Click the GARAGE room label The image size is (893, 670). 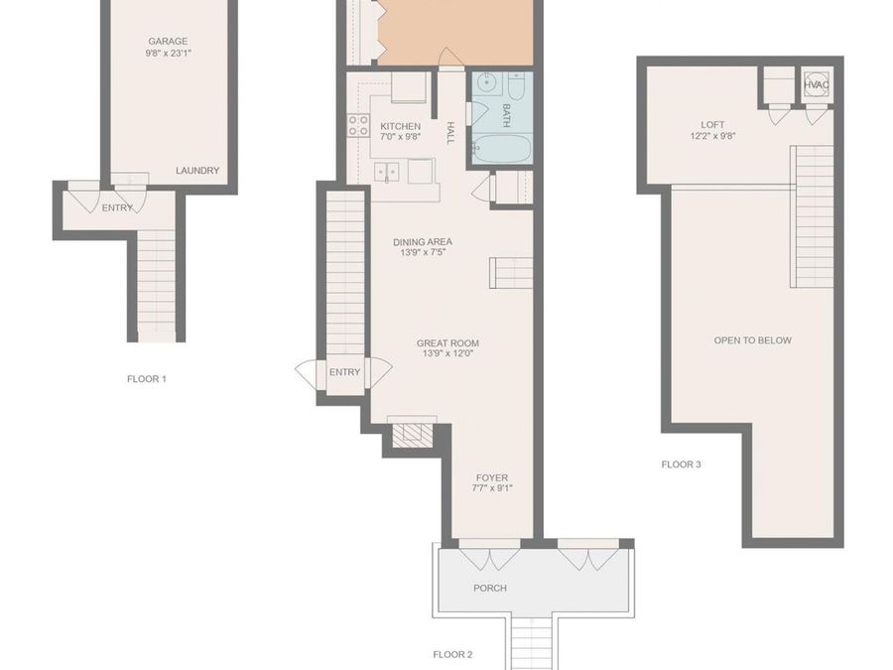pyautogui.click(x=168, y=42)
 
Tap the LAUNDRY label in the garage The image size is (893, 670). pyautogui.click(x=197, y=171)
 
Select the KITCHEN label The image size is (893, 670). pyautogui.click(x=401, y=127)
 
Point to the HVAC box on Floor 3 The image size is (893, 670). pyautogui.click(x=816, y=86)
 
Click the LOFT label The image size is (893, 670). pyautogui.click(x=712, y=125)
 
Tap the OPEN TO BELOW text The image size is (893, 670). pyautogui.click(x=752, y=340)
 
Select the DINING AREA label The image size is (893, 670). pyautogui.click(x=423, y=242)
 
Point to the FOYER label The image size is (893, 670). pyautogui.click(x=491, y=478)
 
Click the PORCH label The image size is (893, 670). pyautogui.click(x=489, y=589)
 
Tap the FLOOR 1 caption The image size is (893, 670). pyautogui.click(x=147, y=379)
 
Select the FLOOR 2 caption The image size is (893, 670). pyautogui.click(x=452, y=654)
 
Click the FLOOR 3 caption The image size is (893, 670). pyautogui.click(x=682, y=464)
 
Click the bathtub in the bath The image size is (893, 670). pyautogui.click(x=500, y=150)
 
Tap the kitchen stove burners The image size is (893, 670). pyautogui.click(x=358, y=126)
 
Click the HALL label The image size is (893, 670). pyautogui.click(x=450, y=133)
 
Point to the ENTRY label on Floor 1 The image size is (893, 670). pyautogui.click(x=117, y=207)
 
